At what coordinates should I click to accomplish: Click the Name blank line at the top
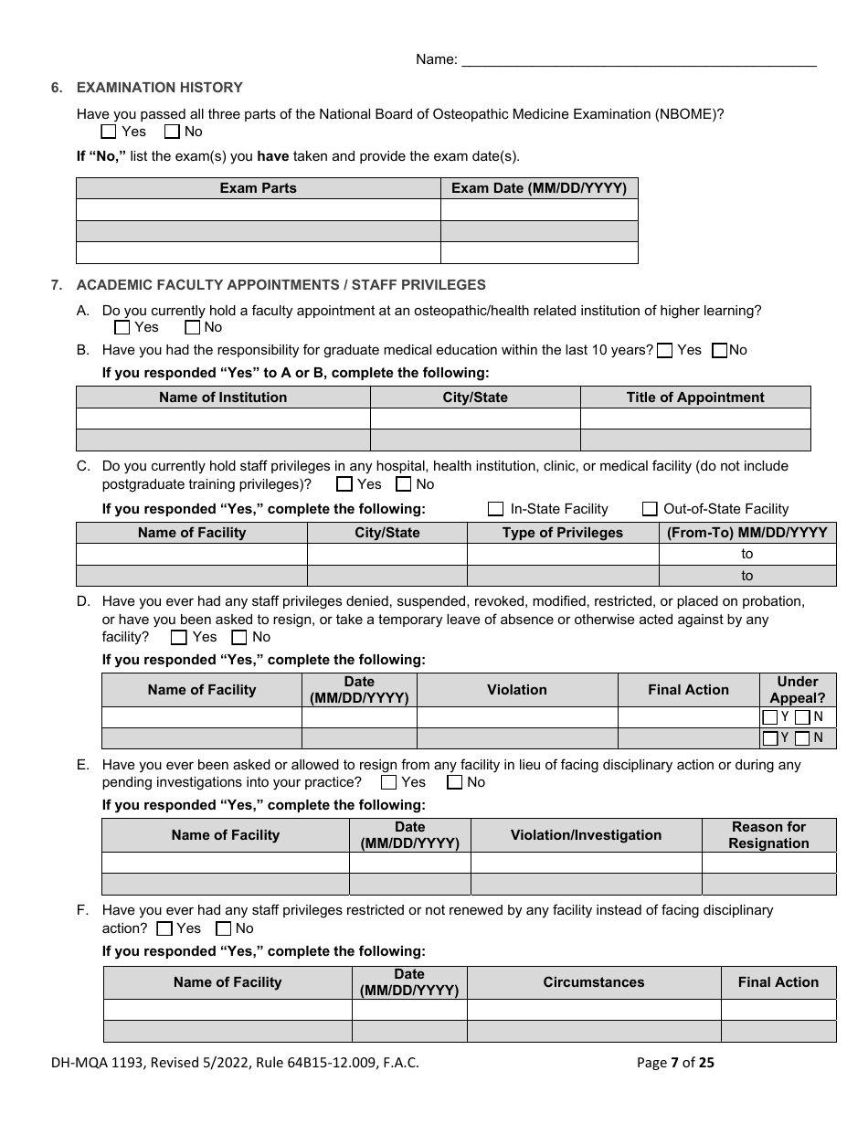(639, 59)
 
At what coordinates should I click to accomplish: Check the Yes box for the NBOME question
(109, 132)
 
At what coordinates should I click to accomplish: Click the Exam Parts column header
(258, 188)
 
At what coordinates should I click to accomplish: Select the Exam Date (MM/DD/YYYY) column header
(539, 188)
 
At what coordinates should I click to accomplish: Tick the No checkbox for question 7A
(192, 327)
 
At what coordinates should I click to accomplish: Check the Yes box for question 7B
(665, 350)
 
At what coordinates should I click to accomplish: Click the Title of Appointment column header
(694, 398)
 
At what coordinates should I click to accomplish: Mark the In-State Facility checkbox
(496, 509)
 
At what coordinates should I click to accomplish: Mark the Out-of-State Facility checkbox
(650, 509)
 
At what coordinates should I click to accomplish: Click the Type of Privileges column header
(562, 533)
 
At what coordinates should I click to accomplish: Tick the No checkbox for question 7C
(403, 484)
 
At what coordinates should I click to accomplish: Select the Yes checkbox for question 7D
(179, 637)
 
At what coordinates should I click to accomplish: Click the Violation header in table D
(516, 690)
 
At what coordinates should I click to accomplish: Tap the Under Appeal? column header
(797, 690)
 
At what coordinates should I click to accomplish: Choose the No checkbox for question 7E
(454, 782)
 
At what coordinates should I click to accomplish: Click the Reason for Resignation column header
(768, 835)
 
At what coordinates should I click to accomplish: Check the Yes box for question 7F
(164, 928)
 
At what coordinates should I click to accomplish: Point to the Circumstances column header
(593, 982)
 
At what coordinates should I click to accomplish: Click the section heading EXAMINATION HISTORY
(159, 88)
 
